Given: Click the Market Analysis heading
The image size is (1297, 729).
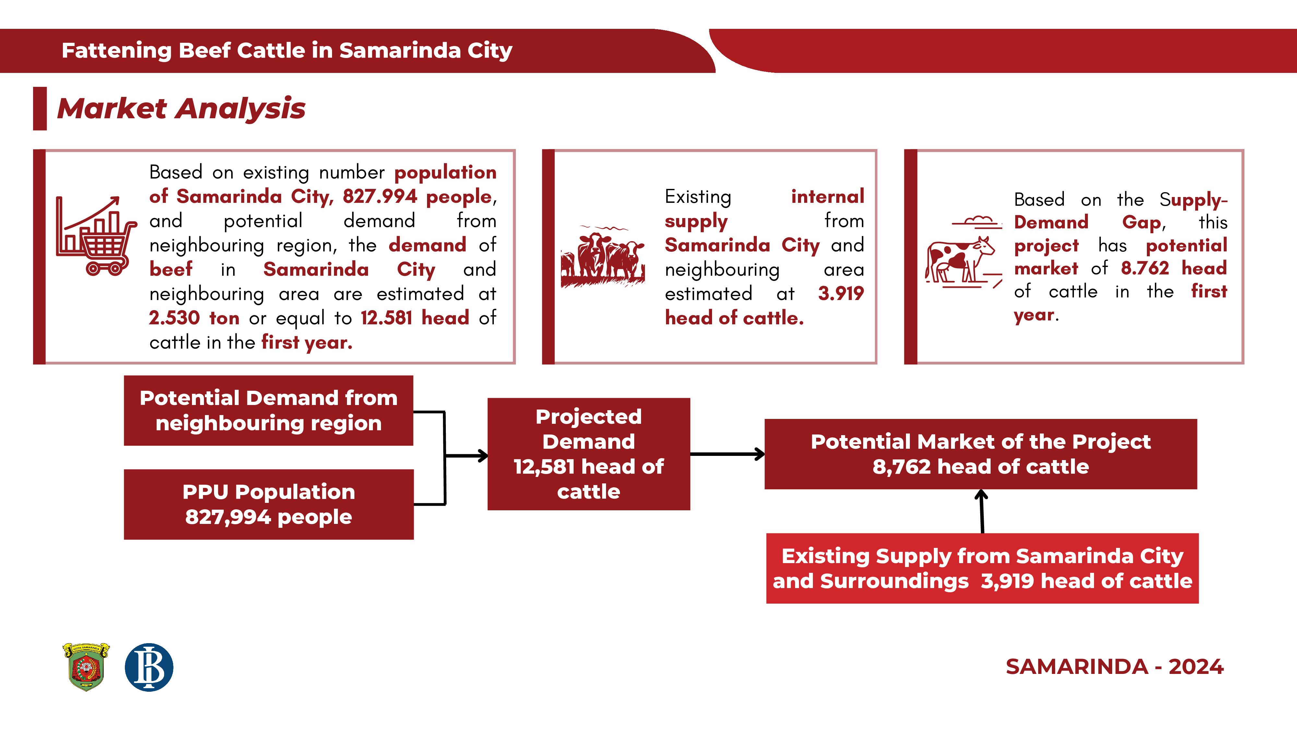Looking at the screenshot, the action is [181, 109].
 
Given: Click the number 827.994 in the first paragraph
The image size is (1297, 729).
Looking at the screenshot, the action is [380, 196].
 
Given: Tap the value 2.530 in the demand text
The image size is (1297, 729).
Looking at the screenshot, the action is [174, 318].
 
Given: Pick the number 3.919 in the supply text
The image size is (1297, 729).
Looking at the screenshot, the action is [841, 293].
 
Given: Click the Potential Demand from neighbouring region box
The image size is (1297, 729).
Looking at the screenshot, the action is [268, 411].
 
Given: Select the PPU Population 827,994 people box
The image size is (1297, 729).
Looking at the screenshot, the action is [269, 504].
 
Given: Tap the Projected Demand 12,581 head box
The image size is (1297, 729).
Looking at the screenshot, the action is [589, 454].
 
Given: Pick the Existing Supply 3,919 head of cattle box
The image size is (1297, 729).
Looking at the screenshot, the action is [982, 569].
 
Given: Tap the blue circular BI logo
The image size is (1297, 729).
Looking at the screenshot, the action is [149, 667].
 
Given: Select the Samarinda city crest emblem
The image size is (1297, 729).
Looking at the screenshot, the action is [86, 666].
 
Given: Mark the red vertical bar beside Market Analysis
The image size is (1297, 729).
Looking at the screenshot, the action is [40, 109].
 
